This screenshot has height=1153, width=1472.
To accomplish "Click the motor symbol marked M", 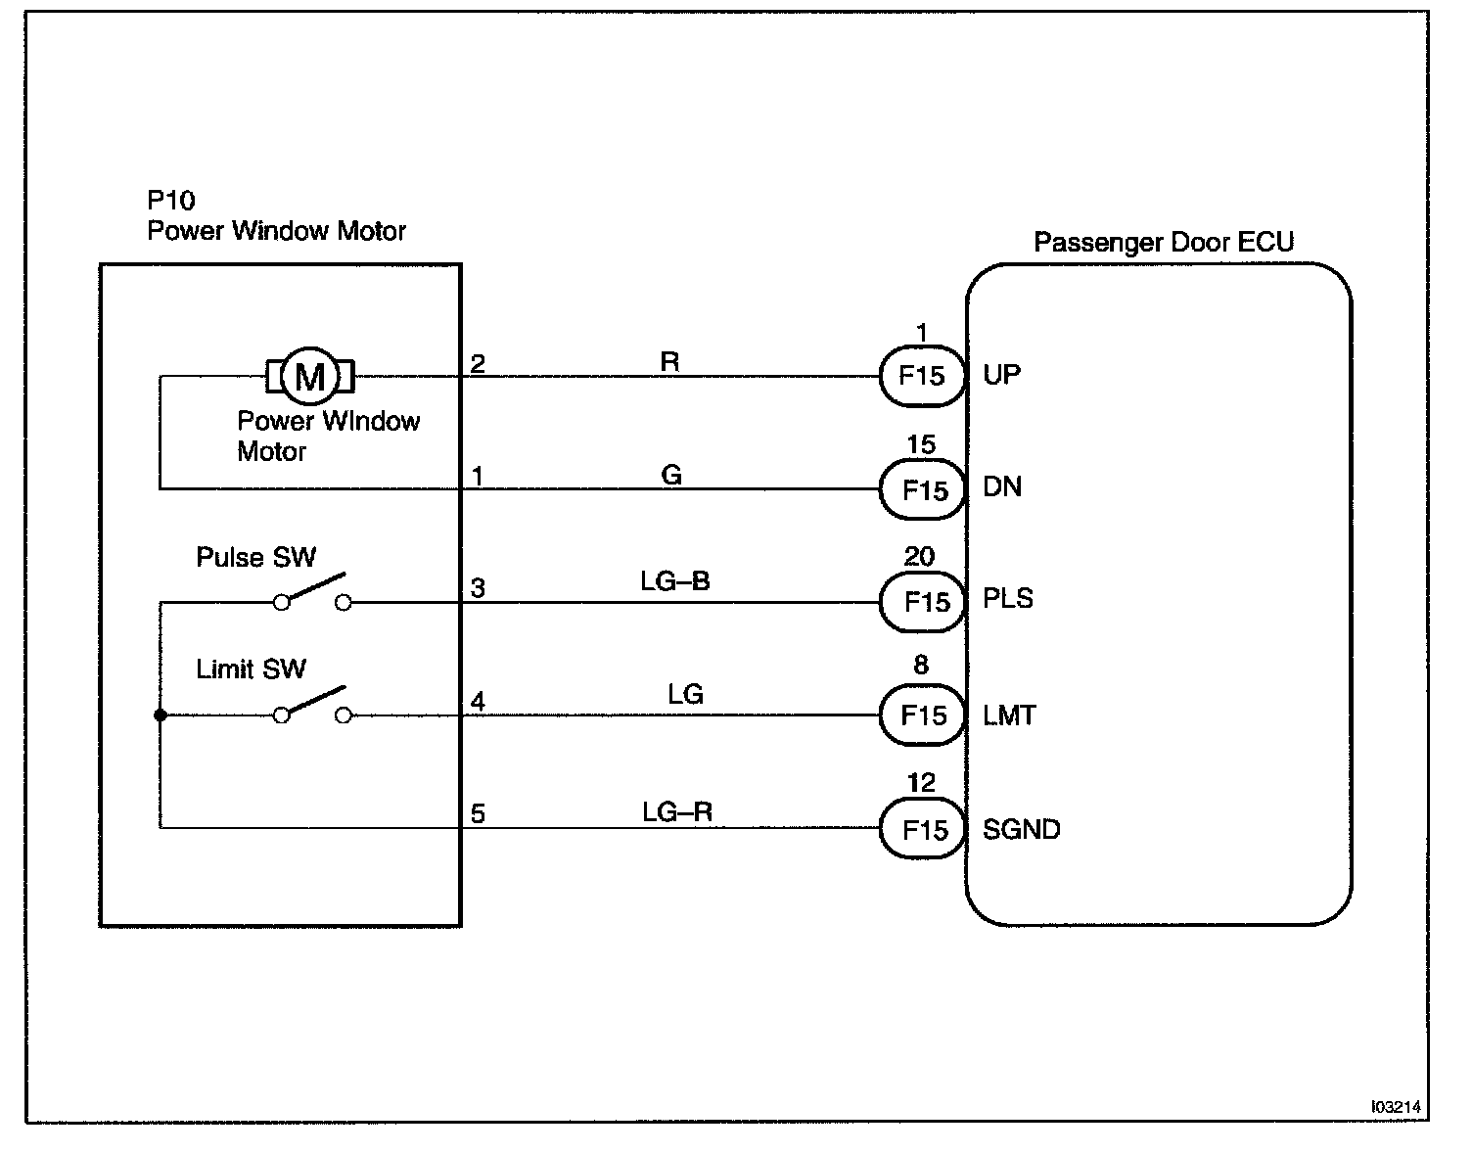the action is (310, 376).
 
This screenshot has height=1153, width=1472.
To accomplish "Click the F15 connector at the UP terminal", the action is (922, 376).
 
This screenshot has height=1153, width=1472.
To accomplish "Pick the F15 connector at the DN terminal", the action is (922, 489).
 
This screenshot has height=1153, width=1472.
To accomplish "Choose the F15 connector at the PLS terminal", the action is (922, 602).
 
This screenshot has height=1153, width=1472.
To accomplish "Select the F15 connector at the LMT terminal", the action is (922, 715).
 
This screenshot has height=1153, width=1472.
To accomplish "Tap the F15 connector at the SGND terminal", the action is (922, 828).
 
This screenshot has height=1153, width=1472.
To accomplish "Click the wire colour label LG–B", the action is (675, 580).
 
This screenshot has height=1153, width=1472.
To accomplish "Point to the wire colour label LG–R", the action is (677, 811).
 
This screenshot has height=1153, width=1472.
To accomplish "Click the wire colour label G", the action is (671, 475).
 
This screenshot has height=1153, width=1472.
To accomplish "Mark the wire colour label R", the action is (670, 362).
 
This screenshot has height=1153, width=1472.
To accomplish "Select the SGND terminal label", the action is (1022, 829).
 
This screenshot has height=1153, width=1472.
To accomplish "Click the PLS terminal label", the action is (1008, 598).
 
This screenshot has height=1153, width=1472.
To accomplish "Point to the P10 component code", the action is (171, 201).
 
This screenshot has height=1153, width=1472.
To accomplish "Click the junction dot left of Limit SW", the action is (161, 715).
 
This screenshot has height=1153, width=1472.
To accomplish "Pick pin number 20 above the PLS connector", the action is (919, 556).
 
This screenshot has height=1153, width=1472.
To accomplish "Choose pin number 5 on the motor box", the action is (478, 813).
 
